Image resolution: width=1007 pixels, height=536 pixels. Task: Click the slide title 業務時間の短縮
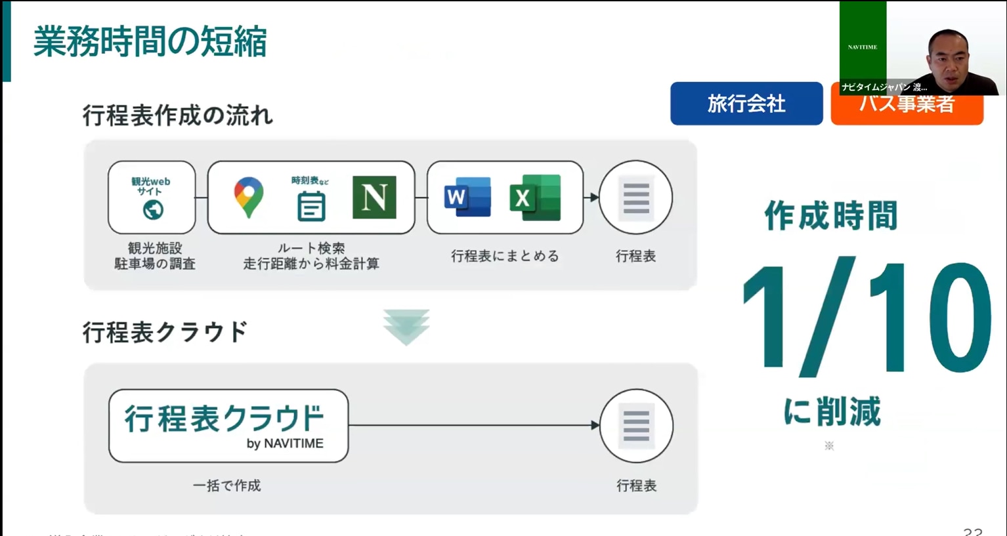point(150,41)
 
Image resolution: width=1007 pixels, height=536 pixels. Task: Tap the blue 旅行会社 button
point(746,104)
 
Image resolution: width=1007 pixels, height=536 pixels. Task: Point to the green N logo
point(374,197)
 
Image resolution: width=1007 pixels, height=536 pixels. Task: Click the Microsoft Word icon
point(467,197)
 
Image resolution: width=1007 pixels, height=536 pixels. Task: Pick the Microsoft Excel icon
point(535,197)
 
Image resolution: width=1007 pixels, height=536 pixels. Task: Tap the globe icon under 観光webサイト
point(153,210)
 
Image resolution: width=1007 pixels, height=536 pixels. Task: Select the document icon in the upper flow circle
point(635,197)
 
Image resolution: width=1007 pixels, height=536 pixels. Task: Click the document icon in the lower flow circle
point(636,426)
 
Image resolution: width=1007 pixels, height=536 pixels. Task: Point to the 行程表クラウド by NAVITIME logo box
point(228,426)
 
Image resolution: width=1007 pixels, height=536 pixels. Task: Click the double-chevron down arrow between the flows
point(406,327)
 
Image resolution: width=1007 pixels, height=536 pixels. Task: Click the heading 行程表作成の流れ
point(177,116)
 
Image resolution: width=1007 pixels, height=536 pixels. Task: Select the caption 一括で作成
point(226,485)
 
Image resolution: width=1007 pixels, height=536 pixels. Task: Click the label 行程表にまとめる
point(505,256)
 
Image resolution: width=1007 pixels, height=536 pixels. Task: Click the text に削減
point(832,411)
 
